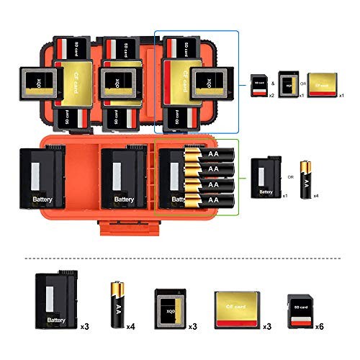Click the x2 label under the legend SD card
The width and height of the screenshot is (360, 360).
[271, 95]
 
